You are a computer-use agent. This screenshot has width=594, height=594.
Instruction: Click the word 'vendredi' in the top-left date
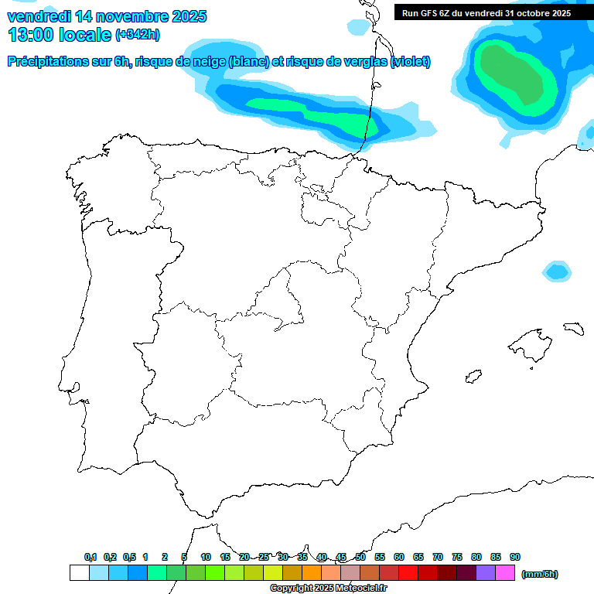click(39, 15)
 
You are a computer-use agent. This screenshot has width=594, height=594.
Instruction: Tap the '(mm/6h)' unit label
click(540, 574)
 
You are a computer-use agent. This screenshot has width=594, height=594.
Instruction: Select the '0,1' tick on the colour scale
click(90, 557)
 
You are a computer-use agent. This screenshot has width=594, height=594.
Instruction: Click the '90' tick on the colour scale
click(515, 557)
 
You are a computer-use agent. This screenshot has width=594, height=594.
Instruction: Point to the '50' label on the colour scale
click(360, 557)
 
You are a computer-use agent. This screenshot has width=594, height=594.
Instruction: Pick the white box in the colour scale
click(79, 573)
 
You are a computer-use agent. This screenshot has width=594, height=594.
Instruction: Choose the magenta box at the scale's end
click(505, 573)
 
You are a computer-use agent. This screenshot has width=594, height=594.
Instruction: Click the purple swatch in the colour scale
click(486, 573)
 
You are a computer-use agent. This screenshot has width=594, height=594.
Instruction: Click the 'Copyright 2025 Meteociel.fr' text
click(329, 589)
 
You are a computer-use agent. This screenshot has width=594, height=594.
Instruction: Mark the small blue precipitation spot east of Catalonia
click(557, 271)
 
